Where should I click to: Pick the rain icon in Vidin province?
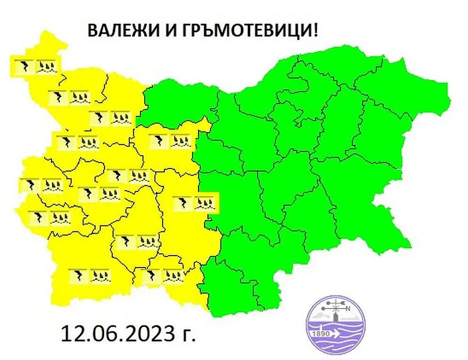tap(47, 66)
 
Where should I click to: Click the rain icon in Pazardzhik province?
tap(148, 242)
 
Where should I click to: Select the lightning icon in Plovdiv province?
tap(182, 203)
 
